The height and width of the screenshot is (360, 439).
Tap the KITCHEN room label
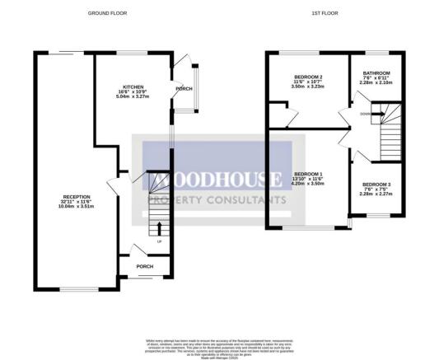[134, 85]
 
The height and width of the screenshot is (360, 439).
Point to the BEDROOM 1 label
[308, 174]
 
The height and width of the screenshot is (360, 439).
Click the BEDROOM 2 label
[309, 77]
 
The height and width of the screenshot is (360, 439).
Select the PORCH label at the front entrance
[144, 266]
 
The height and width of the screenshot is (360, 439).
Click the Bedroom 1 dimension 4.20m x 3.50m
[308, 184]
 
